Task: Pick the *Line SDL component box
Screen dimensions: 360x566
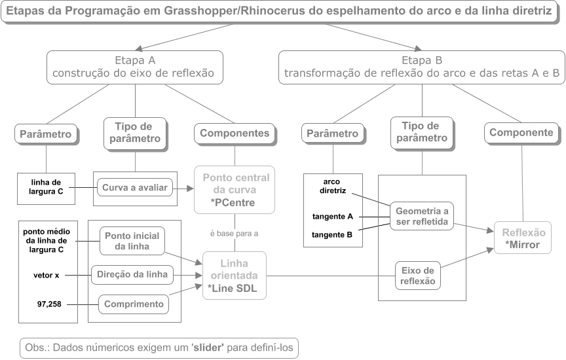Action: click(x=234, y=276)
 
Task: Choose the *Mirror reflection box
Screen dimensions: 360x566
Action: click(x=523, y=238)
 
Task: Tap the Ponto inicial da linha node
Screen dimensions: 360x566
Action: click(x=131, y=242)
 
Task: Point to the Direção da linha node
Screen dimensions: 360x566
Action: click(x=132, y=275)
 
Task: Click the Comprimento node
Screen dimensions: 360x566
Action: click(x=133, y=304)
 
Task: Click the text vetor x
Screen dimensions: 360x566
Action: click(x=46, y=276)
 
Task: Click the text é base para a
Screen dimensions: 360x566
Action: click(x=234, y=232)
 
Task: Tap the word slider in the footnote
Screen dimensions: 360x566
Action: click(x=210, y=347)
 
